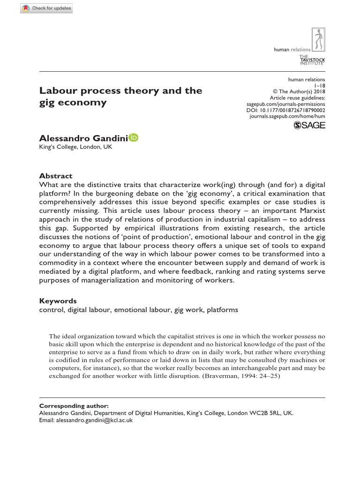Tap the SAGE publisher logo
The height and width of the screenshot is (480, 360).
(309, 125)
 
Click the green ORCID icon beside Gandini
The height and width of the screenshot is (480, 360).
(133, 137)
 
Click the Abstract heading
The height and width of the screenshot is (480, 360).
(55, 176)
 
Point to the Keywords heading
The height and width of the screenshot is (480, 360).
(58, 301)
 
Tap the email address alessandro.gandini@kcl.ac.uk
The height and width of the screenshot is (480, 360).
(94, 421)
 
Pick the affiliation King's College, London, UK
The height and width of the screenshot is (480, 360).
(75, 147)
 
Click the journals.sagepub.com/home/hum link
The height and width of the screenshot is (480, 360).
(287, 115)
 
